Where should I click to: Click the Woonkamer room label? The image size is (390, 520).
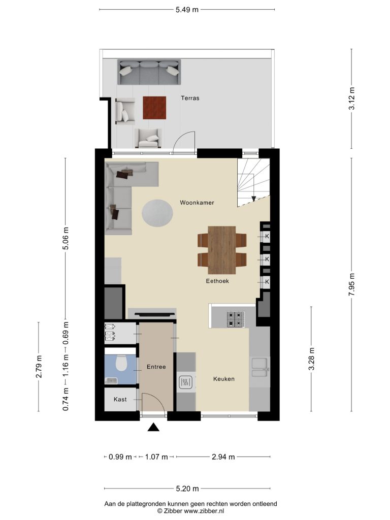197,202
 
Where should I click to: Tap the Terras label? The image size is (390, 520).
190,98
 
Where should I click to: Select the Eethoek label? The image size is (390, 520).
217,281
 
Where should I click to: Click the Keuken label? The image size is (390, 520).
224,379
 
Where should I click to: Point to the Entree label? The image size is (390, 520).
156,367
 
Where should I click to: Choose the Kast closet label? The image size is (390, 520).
120,399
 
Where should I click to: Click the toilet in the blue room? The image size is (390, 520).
121,363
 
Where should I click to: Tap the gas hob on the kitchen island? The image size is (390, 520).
236,319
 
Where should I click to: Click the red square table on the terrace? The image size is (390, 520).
154,108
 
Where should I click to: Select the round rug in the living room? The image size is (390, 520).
157,213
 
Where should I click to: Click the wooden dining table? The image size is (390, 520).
222,250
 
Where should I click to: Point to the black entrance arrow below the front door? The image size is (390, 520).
153,427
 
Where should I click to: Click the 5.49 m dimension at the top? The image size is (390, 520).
187,10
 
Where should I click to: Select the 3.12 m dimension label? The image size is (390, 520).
352,99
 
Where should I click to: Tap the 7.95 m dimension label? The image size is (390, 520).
352,284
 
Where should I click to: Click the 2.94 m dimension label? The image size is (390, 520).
223,457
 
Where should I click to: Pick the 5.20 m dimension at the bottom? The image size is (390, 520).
187,489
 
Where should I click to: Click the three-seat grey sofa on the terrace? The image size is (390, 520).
149,72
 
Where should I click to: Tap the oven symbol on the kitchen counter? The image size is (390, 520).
186,383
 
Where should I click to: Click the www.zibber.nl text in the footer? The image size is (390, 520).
204,511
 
